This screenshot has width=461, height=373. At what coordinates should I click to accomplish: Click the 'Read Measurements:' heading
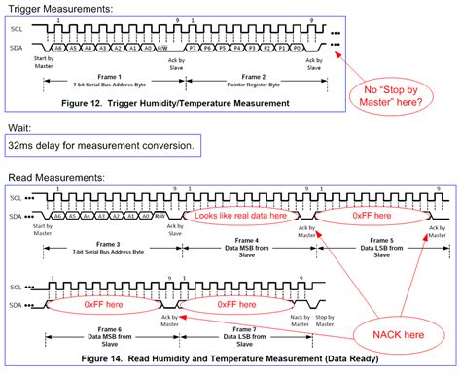[x=50, y=178]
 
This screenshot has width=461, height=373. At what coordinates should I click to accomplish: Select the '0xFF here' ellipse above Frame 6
[x=95, y=305]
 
